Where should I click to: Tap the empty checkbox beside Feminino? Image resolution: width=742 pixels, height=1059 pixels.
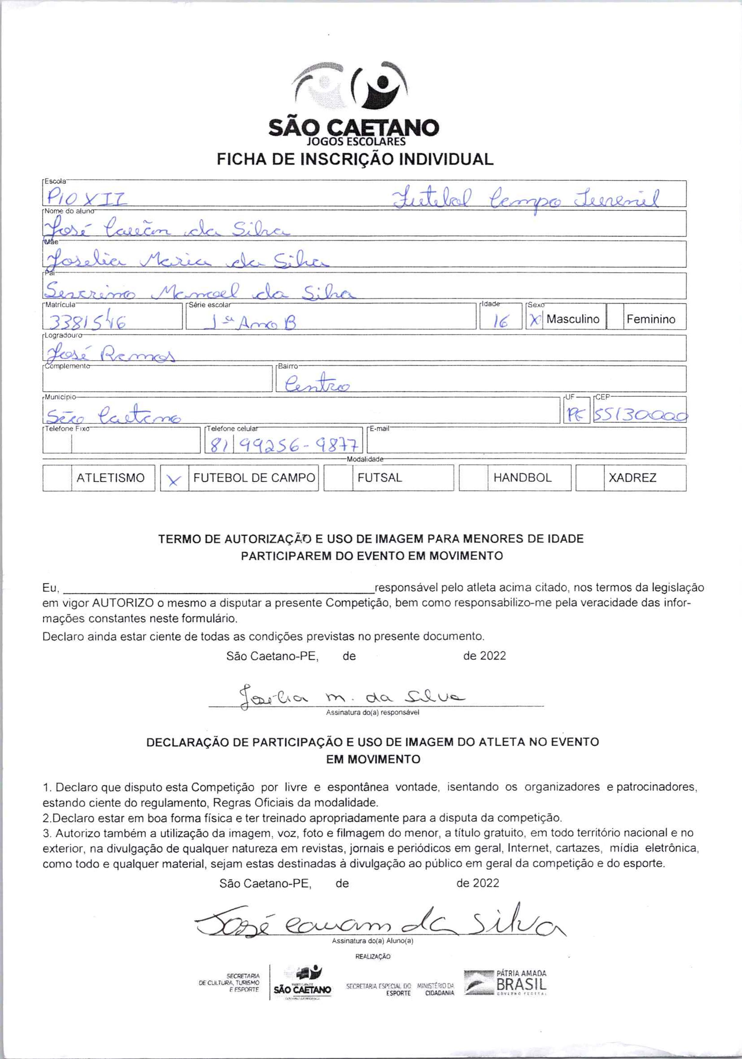[x=615, y=317]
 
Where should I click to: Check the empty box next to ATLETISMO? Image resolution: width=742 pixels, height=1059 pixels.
[x=57, y=478]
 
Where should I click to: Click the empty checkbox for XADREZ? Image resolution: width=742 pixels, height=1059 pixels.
[x=589, y=478]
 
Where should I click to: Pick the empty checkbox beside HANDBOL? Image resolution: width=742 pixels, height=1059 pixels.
[x=473, y=478]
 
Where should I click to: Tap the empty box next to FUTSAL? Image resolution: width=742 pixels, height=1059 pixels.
[x=338, y=478]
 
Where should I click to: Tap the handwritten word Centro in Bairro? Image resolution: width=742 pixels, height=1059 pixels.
[x=317, y=384]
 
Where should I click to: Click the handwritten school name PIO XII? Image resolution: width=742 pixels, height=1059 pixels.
[x=85, y=199]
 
